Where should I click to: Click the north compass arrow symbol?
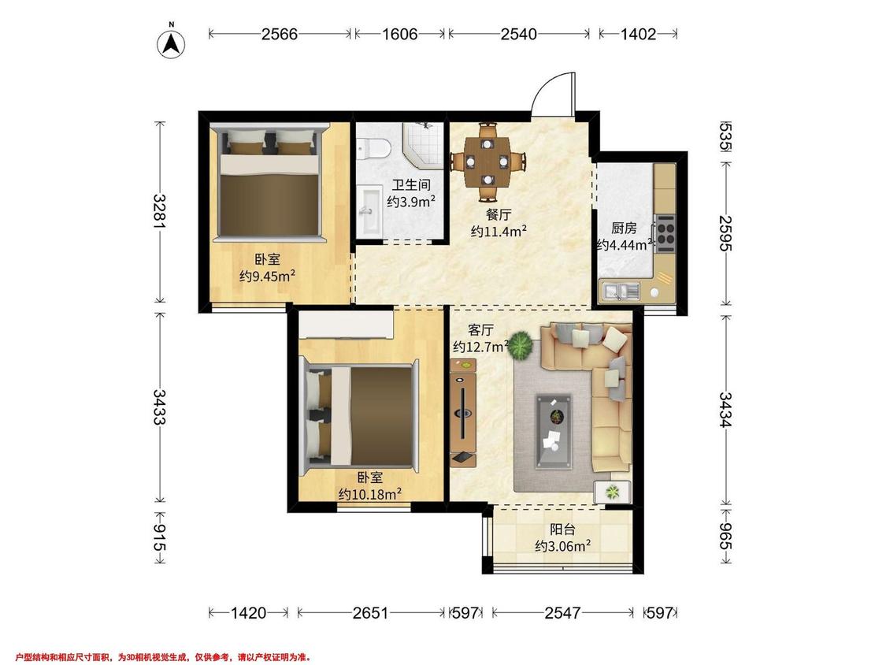[x=171, y=43]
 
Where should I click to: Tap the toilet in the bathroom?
[x=373, y=149]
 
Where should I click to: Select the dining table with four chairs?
[x=487, y=162]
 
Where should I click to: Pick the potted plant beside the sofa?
[x=520, y=345]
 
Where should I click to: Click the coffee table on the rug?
[x=554, y=432]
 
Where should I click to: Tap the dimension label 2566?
[x=279, y=34]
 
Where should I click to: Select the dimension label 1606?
[x=399, y=34]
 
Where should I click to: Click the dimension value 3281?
[x=160, y=212]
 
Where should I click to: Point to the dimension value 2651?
[x=371, y=612]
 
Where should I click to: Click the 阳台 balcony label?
[x=563, y=529]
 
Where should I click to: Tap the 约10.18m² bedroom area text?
[x=370, y=494]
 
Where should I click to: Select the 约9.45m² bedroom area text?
[x=267, y=276]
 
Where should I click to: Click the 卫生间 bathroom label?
[x=411, y=185]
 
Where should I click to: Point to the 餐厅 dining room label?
[x=499, y=215]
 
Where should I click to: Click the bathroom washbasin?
[x=371, y=213]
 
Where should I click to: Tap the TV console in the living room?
[x=463, y=412]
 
